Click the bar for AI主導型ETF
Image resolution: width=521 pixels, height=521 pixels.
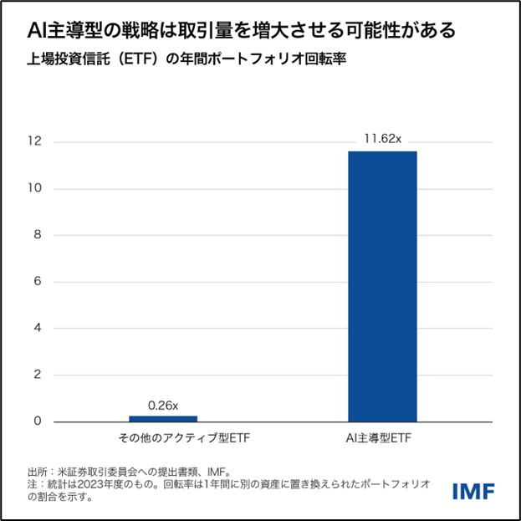382,286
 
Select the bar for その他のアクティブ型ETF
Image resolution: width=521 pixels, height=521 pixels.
163,418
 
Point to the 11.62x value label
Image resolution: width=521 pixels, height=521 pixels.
382,137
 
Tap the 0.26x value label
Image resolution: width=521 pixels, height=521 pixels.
163,406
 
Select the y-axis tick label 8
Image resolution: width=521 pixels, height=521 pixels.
36,235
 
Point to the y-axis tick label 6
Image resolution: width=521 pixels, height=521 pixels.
36,282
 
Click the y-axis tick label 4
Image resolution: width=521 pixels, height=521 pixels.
36,328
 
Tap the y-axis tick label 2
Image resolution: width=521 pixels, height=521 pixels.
36,375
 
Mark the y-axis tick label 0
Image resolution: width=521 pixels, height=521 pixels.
36,421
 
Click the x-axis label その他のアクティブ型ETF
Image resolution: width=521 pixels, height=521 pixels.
163,438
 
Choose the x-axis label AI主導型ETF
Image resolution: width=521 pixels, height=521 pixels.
382,438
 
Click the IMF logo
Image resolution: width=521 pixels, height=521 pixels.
474,491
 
